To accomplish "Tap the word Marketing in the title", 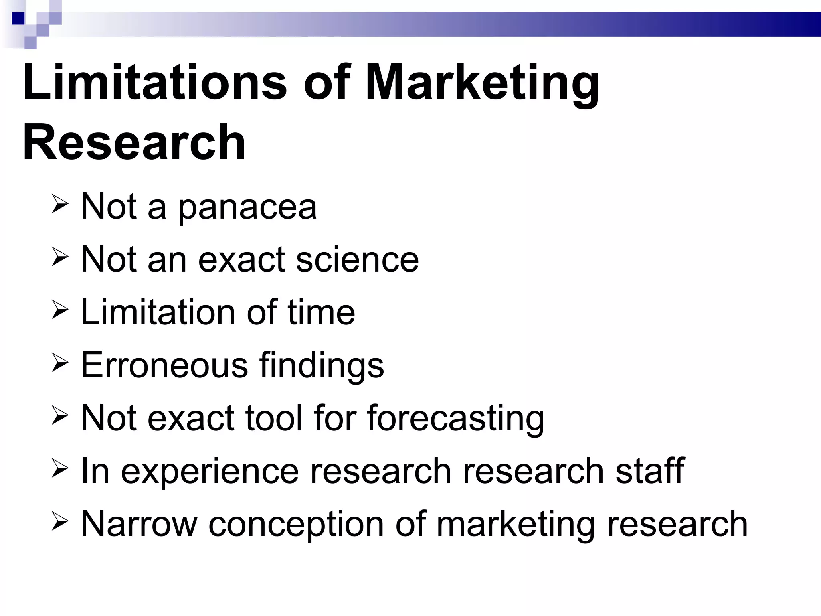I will [x=482, y=84].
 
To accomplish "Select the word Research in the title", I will [x=134, y=142].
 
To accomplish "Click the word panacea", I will [x=247, y=208].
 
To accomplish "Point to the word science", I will [x=358, y=259].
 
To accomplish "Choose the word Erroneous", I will [x=164, y=365].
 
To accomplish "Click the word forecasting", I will [x=455, y=419].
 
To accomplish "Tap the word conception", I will [x=296, y=525].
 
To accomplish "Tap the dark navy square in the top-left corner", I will [x=18, y=18].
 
